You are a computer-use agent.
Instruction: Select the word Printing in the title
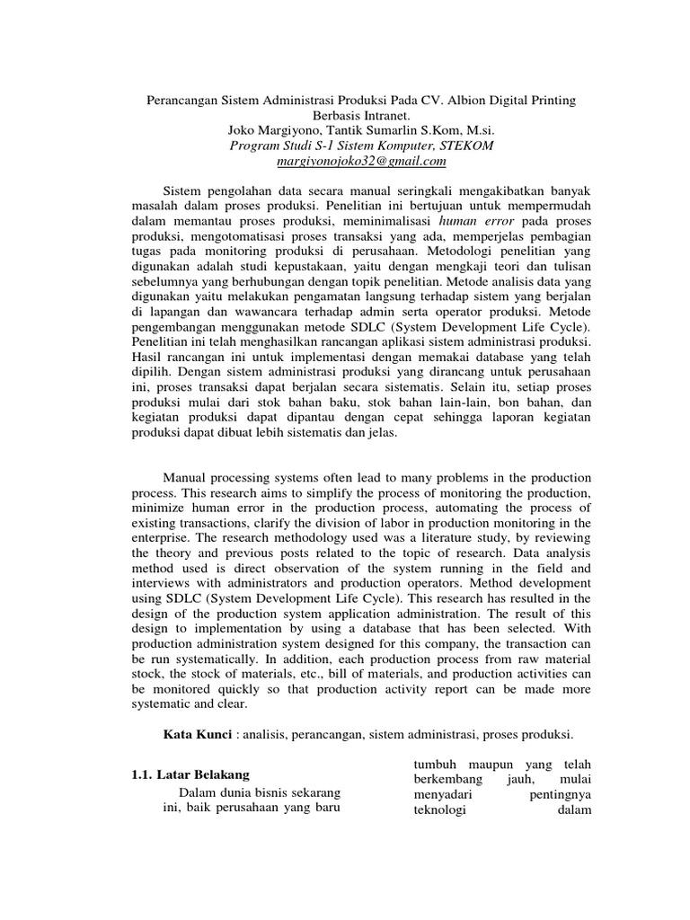(553, 98)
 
